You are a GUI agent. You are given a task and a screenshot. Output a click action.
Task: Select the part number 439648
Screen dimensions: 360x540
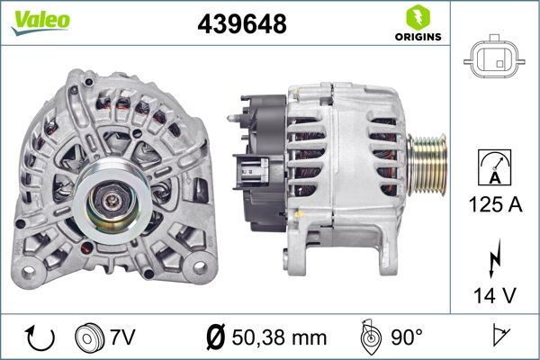241,25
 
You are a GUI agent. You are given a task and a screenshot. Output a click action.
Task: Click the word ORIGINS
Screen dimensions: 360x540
417,38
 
